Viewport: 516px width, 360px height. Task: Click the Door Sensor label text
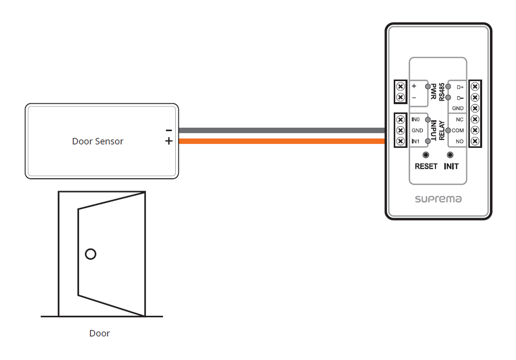coord(98,141)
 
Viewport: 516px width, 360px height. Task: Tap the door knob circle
coord(90,254)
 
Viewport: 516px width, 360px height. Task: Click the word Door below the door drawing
coord(100,333)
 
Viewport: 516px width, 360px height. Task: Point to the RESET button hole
coord(426,154)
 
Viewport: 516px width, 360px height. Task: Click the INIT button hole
coord(450,154)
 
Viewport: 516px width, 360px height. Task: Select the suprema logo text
coord(438,199)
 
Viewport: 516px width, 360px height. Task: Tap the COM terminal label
coord(458,131)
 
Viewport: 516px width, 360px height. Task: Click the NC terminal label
coord(460,120)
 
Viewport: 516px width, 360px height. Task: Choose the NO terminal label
coord(460,141)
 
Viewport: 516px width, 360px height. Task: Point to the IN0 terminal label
coord(416,120)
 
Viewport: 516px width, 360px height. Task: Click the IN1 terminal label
coord(416,141)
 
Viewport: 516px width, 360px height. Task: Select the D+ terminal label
coord(460,87)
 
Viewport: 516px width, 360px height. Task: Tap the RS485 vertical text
coord(442,92)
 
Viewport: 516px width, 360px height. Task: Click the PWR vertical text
coord(434,92)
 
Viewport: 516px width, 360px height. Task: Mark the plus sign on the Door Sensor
coord(168,141)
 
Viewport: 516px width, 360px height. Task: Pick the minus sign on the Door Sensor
coord(168,131)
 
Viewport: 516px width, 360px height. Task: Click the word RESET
coord(426,166)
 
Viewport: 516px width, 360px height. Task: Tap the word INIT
coord(451,166)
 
